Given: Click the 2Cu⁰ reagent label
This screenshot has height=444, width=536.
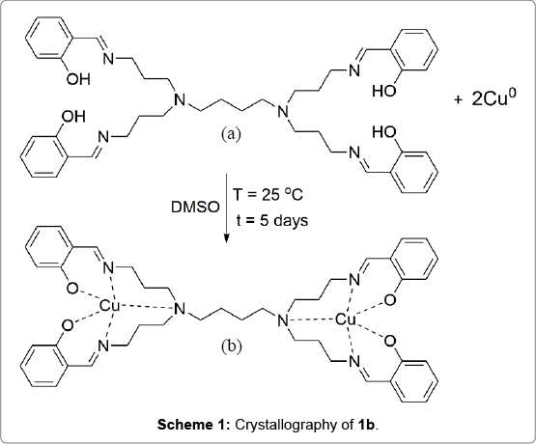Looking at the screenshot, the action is [x=494, y=98].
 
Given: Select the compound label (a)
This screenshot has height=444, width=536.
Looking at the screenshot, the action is [x=231, y=134].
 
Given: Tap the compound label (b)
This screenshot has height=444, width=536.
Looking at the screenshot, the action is [x=231, y=346].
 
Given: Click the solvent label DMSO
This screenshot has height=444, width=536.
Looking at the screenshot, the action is [x=195, y=208].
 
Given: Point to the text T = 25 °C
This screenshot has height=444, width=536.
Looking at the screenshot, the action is [x=268, y=195].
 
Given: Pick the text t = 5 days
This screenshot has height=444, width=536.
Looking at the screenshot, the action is [x=272, y=221].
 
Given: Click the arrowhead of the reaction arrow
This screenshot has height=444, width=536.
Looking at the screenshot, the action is [x=226, y=238].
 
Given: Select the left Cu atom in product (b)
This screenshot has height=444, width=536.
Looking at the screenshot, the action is [x=110, y=306].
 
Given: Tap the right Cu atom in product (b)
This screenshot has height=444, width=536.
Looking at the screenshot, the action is [x=346, y=320].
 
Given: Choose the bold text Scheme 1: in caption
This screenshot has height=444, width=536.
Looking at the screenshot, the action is [x=194, y=425].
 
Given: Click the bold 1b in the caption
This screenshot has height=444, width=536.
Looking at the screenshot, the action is [x=366, y=425].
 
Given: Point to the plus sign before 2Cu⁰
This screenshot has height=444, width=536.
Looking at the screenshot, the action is [x=459, y=99].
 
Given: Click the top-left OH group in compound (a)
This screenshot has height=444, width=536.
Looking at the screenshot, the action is [x=78, y=80].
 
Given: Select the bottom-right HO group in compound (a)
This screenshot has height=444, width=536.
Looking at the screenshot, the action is [x=384, y=132].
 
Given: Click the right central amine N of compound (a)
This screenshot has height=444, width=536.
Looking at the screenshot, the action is [x=282, y=111].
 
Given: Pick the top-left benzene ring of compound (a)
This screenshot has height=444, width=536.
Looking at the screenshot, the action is [x=49, y=39].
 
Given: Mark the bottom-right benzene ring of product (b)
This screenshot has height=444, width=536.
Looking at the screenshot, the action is [x=414, y=379].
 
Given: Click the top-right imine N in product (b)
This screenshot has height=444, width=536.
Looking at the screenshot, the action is [x=354, y=280].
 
